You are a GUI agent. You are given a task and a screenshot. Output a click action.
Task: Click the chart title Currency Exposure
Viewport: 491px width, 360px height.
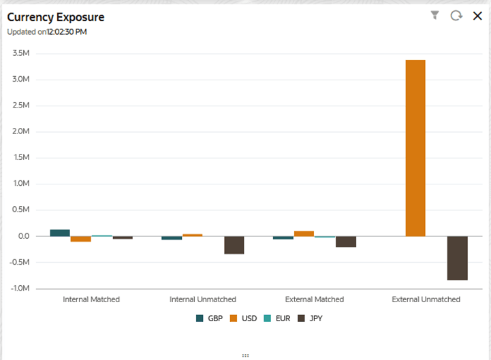click(x=56, y=17)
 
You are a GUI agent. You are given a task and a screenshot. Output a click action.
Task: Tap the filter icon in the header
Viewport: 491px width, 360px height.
click(x=435, y=15)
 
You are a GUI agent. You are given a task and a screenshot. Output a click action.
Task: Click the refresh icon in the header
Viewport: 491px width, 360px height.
click(x=456, y=15)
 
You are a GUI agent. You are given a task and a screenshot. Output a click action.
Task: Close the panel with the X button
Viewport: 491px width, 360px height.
click(x=477, y=15)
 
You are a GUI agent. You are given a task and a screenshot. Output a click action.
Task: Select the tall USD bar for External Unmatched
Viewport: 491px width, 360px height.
click(x=415, y=148)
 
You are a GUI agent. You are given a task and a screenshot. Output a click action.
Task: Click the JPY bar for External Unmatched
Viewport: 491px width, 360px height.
click(x=457, y=258)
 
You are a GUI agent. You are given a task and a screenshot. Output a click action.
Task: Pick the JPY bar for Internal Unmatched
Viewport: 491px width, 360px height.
click(x=234, y=245)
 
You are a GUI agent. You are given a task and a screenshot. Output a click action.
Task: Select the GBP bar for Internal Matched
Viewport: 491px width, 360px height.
click(x=60, y=233)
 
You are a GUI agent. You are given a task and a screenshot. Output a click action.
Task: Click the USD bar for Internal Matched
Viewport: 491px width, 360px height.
click(x=81, y=239)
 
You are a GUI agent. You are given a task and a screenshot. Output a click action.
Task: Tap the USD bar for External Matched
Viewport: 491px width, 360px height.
click(x=304, y=233)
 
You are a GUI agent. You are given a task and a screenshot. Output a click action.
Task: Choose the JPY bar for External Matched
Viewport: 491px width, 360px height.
click(x=346, y=242)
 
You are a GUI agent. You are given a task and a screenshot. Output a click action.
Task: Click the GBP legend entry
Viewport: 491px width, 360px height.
click(x=209, y=318)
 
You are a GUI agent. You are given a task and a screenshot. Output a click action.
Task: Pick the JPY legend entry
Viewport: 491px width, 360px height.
click(x=310, y=318)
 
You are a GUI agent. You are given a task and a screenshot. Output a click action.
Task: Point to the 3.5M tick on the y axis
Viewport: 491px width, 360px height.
click(x=20, y=52)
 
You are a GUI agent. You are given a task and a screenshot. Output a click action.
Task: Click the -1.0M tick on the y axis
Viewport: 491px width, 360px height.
click(x=20, y=289)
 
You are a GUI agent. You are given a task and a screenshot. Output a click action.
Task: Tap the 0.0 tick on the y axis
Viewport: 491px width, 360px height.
click(x=23, y=236)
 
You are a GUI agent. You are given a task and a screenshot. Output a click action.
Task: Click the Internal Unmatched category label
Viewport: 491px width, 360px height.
click(x=202, y=299)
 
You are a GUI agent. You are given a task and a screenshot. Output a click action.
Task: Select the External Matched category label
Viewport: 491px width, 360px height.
click(x=314, y=299)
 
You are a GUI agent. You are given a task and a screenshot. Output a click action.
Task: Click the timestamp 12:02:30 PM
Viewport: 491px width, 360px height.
click(x=67, y=31)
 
